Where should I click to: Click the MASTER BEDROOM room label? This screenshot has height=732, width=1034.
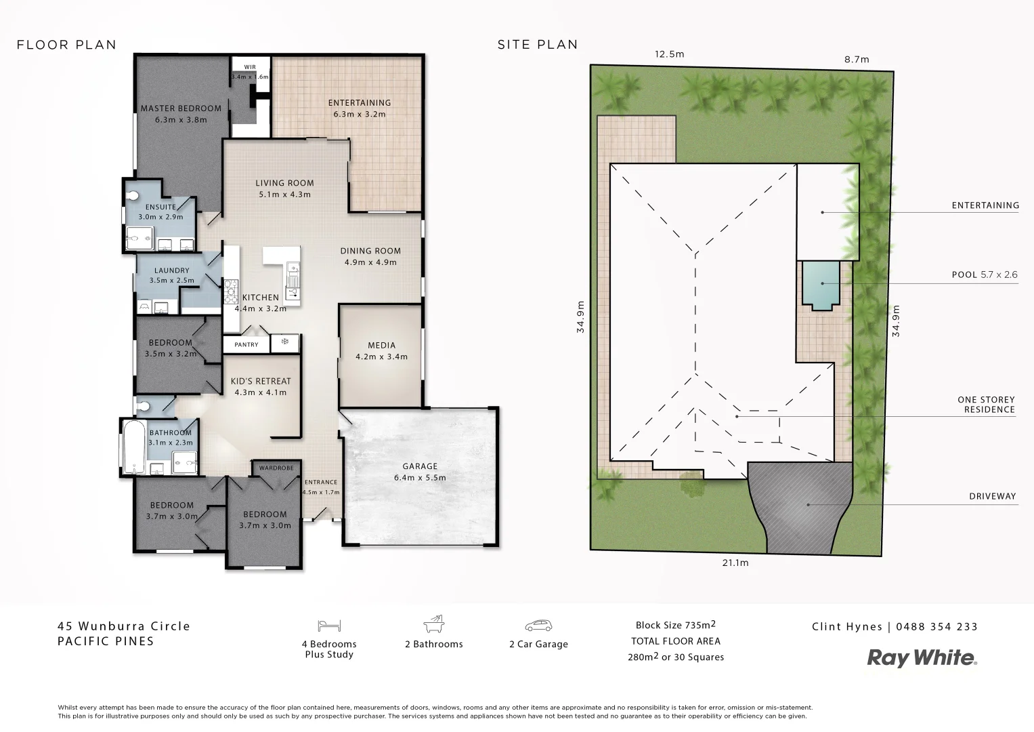point(181,108)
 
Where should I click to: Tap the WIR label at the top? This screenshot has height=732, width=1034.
point(250,67)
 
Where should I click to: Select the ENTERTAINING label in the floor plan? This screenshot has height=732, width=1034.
point(360,103)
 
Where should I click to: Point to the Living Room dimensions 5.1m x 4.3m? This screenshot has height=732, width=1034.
point(284,195)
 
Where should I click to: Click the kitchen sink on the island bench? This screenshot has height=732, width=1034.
point(293,277)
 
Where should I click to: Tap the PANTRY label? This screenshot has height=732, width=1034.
point(246,345)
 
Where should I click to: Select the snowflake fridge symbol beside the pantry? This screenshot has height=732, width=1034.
point(285,342)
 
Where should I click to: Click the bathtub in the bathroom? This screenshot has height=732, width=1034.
point(134,447)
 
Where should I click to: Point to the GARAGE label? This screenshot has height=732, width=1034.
point(420,466)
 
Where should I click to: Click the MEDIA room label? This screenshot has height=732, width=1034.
point(382,346)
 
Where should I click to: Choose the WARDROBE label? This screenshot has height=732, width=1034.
point(276,468)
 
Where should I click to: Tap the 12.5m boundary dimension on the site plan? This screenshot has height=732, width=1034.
point(669,54)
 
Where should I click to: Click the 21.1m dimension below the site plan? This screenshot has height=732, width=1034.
point(735,563)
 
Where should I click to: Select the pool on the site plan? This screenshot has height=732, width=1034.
point(821,285)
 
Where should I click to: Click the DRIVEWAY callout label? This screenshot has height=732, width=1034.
point(992,496)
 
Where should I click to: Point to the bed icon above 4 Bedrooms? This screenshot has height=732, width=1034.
point(330,626)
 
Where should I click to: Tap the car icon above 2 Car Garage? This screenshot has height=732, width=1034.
point(538,626)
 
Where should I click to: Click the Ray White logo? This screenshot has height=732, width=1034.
point(922,658)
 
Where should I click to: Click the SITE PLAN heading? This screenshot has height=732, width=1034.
point(538,45)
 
